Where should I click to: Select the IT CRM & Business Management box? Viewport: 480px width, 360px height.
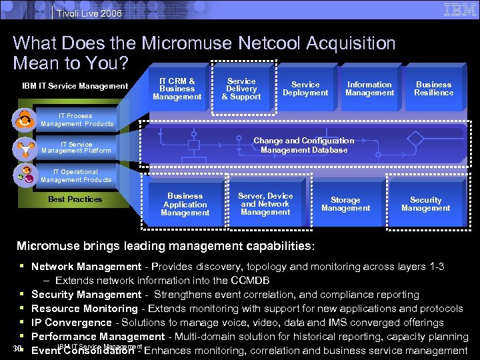click(177, 89)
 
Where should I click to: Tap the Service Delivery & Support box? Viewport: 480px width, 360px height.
click(241, 89)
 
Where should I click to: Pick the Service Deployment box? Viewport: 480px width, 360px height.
click(305, 89)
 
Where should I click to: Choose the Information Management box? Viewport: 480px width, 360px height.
click(369, 89)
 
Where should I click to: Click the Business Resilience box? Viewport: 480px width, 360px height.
click(434, 89)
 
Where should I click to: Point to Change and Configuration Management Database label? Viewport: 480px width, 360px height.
click(304, 145)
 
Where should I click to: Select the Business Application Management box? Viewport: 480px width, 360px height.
click(185, 204)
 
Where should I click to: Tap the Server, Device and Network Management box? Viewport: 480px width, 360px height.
click(265, 204)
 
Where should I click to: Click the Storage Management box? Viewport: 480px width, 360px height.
click(345, 204)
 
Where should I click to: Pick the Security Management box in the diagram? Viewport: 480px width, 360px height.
click(426, 204)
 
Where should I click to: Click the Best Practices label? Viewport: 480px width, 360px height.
click(75, 199)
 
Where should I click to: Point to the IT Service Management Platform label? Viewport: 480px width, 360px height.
click(76, 147)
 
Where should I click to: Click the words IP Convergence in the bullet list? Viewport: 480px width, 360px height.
click(71, 323)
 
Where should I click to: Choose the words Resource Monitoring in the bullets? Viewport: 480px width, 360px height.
click(84, 309)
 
